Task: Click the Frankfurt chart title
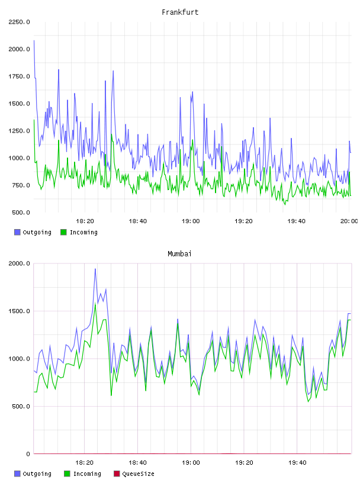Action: (180, 12)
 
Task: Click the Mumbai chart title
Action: (179, 254)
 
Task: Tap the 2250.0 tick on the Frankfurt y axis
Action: (19, 22)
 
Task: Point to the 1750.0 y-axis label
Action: (19, 76)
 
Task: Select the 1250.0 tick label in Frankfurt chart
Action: (19, 131)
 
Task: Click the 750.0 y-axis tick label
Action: (21, 185)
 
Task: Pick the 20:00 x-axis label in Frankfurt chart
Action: (349, 221)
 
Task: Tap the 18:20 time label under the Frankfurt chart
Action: (85, 221)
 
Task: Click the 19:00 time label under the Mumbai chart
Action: (191, 463)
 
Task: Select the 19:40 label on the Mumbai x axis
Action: (297, 463)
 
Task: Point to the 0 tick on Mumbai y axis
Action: (28, 454)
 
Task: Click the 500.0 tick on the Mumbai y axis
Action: (21, 406)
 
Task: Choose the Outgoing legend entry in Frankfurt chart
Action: (33, 232)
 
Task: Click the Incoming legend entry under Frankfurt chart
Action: (79, 232)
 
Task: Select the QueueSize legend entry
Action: (134, 474)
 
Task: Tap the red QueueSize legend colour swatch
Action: (117, 474)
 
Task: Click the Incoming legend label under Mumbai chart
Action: (87, 474)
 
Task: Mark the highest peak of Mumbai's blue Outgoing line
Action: (95, 269)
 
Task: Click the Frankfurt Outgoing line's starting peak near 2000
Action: (34, 40)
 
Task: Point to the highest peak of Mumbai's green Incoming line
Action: (95, 304)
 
